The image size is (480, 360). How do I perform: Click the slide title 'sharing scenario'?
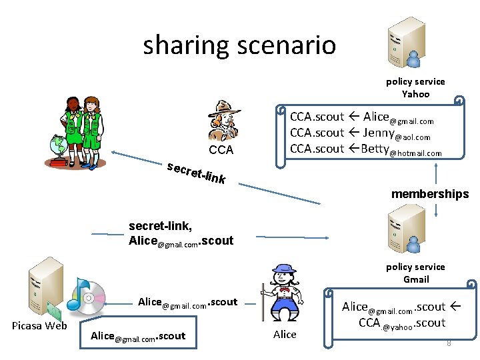[239, 45]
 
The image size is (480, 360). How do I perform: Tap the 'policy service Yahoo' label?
[415, 87]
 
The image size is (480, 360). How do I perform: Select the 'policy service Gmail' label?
[415, 273]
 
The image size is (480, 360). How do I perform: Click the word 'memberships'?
[430, 194]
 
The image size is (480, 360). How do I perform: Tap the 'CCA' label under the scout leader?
[221, 150]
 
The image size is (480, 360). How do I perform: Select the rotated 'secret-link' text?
[197, 171]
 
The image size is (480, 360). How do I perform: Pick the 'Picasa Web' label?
[39, 325]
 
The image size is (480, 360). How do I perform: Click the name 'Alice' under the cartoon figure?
[285, 334]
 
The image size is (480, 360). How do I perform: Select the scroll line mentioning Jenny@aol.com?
[360, 133]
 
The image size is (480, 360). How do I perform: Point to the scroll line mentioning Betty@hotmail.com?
[365, 149]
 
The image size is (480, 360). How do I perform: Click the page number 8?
[449, 343]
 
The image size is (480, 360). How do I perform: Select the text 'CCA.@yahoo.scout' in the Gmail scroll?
[402, 323]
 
